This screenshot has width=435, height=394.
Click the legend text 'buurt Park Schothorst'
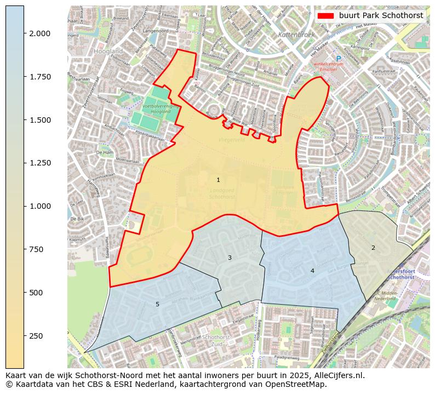(x=381, y=16)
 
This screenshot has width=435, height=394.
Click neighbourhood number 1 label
(x=218, y=180)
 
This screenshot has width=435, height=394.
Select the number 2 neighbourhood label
(x=373, y=248)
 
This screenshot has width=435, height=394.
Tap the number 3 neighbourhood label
(x=230, y=258)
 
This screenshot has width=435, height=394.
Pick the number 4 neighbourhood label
(x=312, y=271)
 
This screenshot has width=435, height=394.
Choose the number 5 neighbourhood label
(x=157, y=304)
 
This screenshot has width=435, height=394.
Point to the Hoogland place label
(x=108, y=51)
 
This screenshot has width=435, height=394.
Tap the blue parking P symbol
(x=339, y=58)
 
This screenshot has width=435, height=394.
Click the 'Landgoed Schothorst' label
(x=222, y=193)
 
